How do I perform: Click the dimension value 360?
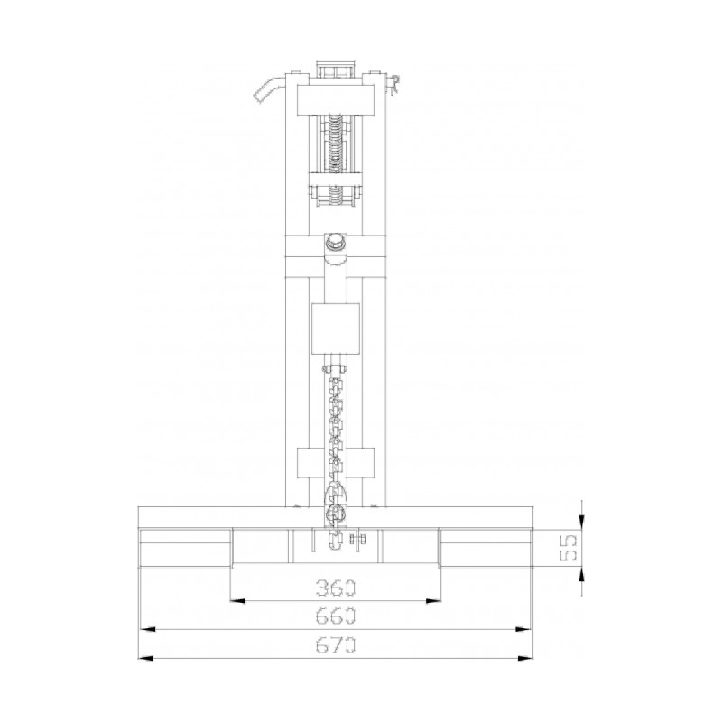click(x=336, y=588)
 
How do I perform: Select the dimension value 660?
click(x=336, y=616)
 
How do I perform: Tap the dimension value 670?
click(x=336, y=645)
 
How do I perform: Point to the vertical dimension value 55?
click(x=569, y=547)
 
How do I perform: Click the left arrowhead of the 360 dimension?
click(x=236, y=601)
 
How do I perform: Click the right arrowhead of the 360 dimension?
click(x=434, y=601)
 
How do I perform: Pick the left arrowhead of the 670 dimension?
click(x=145, y=659)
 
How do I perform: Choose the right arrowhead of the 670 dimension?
click(x=526, y=659)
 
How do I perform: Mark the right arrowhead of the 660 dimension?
click(x=523, y=629)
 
